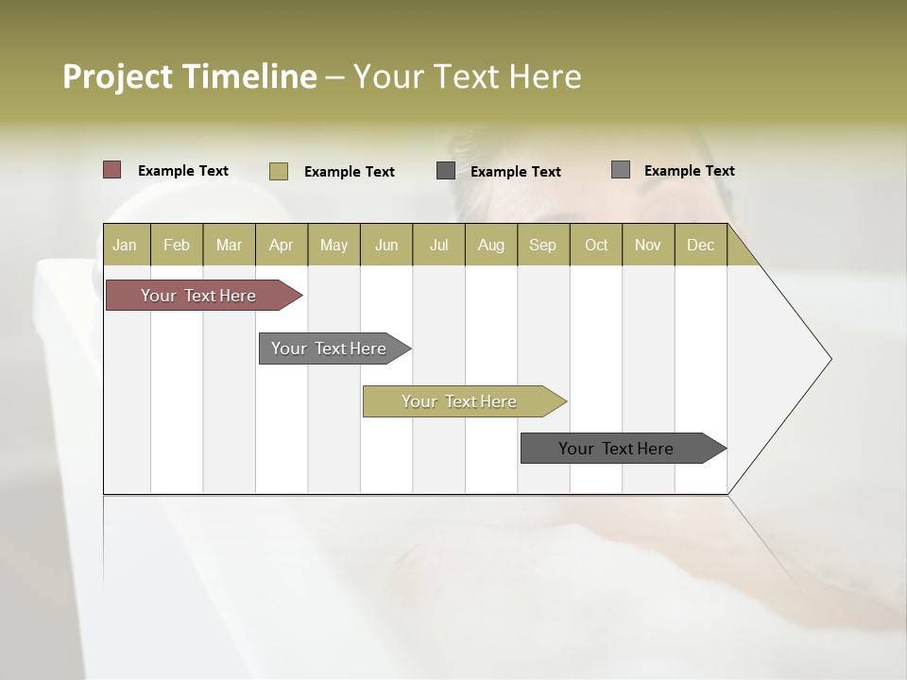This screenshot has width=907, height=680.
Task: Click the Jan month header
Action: pos(126,245)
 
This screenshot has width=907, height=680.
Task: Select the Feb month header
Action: pos(177,245)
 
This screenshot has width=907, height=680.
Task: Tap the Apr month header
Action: pos(282,245)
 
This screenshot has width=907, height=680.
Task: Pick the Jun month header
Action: pos(386,245)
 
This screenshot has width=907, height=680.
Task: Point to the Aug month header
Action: pos(491,245)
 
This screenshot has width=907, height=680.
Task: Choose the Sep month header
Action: pos(543,245)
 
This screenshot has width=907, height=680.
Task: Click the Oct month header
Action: pos(596,245)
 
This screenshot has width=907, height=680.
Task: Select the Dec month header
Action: pos(701,245)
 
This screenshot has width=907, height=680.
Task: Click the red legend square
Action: pos(112,170)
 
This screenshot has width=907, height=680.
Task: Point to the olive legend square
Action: pos(279,171)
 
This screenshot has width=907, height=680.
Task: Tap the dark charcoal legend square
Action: pos(446,171)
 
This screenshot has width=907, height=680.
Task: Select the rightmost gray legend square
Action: pos(621,170)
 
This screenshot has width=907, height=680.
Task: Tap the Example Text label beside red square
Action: pos(183,171)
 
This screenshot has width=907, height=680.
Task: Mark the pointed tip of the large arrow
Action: pos(830,359)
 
